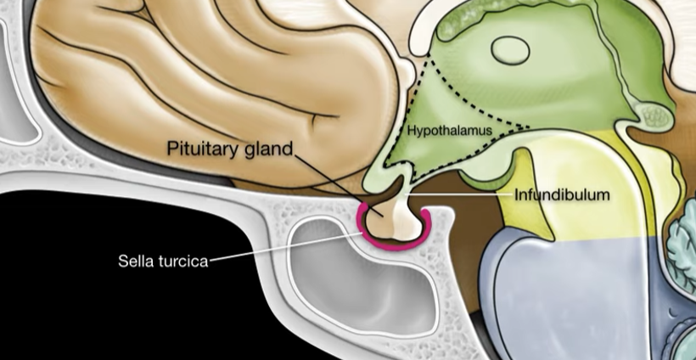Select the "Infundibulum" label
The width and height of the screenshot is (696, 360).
click(x=562, y=195)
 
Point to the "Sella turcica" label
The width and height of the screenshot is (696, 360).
click(x=162, y=261)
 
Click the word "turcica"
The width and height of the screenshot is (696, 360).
click(x=184, y=261)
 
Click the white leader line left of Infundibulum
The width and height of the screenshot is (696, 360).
click(x=467, y=195)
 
